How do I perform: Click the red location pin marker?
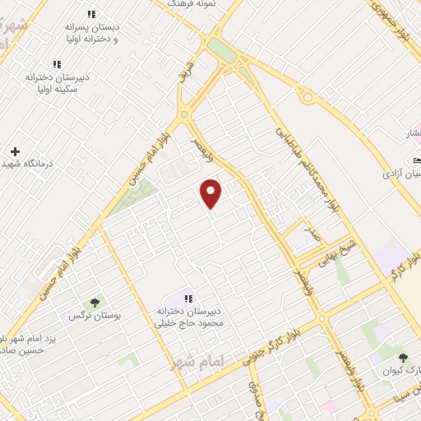[211, 193]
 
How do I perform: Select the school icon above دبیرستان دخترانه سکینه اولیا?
[57, 64]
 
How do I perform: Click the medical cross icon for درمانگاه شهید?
[15, 151]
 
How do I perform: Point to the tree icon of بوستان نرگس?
[95, 303]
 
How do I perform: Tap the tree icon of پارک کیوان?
[402, 358]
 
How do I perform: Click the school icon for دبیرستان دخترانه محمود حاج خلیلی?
[187, 299]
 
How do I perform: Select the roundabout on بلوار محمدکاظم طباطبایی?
[310, 97]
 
